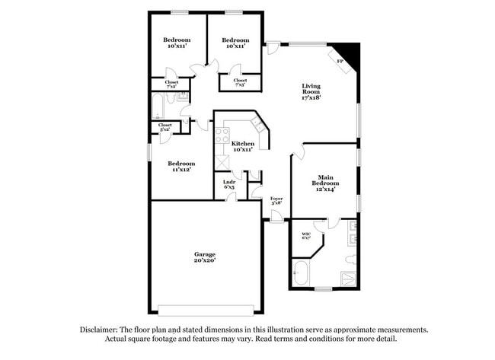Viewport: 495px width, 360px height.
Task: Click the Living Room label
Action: click(x=311, y=91)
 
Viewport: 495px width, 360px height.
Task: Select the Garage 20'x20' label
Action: click(x=204, y=257)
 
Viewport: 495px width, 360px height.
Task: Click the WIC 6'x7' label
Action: click(x=306, y=236)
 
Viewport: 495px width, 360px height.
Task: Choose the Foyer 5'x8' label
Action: click(x=276, y=201)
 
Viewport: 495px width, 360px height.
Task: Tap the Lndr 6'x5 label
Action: click(x=228, y=185)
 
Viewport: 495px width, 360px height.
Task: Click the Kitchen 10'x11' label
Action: click(x=243, y=146)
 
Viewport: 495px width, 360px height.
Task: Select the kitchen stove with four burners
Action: click(x=222, y=136)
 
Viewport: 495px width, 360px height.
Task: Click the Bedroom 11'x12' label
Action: click(x=181, y=167)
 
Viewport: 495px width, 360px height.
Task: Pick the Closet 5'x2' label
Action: click(x=165, y=127)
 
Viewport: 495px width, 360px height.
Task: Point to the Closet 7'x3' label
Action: click(x=240, y=82)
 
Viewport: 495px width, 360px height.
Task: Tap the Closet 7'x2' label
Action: click(x=172, y=84)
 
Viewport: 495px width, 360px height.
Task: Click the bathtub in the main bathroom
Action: click(x=300, y=272)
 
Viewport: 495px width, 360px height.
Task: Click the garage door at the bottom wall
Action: click(x=204, y=311)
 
